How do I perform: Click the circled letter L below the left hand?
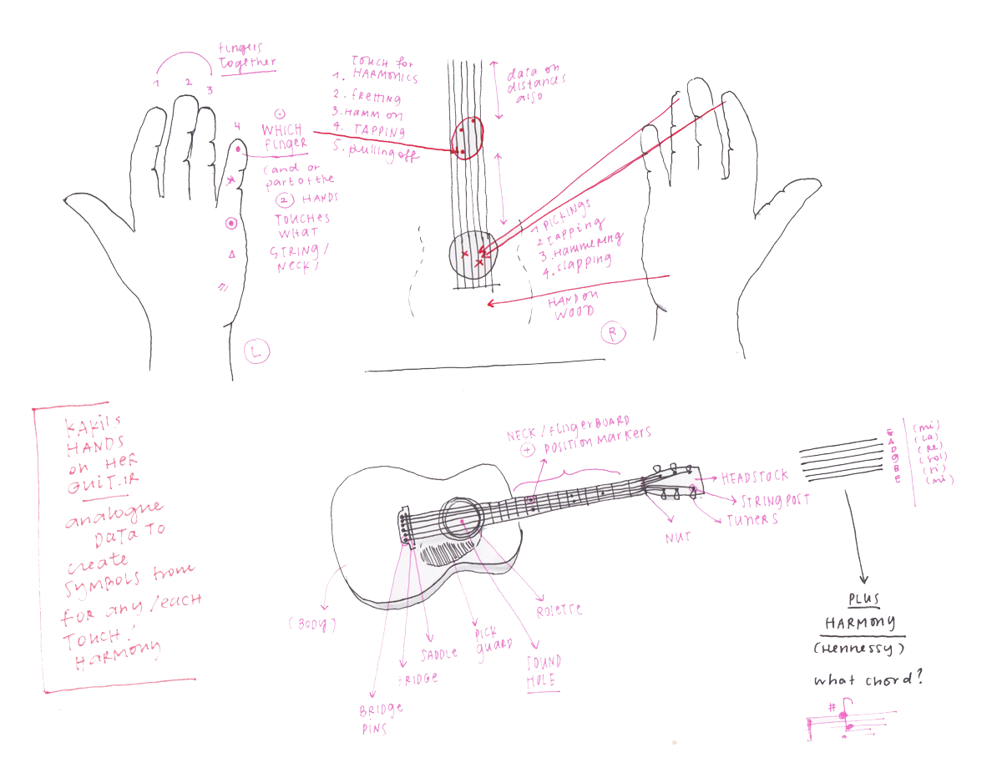256,351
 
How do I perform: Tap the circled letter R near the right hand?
615,334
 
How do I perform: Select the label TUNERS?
751,518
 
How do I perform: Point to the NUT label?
678,538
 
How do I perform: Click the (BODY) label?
313,624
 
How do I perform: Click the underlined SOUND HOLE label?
544,671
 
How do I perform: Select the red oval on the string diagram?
467,138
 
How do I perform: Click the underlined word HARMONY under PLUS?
859,623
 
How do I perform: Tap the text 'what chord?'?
869,679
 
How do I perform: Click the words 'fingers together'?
245,56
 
